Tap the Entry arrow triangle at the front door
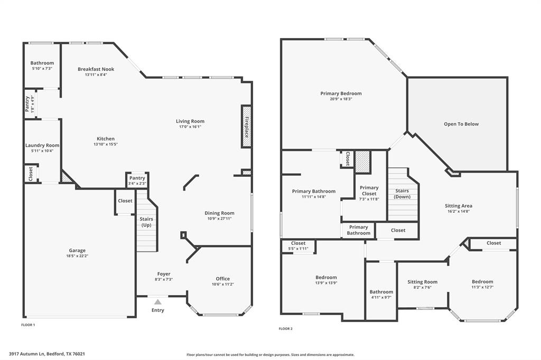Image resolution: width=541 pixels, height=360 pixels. [157, 302]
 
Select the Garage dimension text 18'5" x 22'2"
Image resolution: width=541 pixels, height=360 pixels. [77, 256]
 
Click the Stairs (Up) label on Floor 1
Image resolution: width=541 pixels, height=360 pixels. [146, 222]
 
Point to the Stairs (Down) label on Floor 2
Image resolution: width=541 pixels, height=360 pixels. [402, 194]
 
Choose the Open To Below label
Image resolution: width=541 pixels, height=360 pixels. [461, 124]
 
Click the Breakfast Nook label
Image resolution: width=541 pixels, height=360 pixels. [96, 69]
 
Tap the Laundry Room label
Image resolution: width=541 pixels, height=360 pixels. [42, 145]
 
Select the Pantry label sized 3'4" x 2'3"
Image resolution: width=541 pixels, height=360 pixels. [137, 178]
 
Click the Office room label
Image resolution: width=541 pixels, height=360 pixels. [222, 279]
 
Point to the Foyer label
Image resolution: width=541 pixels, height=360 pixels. [164, 274]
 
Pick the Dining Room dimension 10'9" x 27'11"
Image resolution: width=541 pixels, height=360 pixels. [219, 219]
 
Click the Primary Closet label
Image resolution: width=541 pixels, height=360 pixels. [369, 191]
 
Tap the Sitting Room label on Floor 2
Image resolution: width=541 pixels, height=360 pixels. [422, 282]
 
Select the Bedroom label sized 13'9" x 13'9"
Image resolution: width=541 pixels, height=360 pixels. [326, 277]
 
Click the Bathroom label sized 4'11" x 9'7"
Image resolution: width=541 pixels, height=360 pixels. [381, 292]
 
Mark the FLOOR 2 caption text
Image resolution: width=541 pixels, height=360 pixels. [285, 328]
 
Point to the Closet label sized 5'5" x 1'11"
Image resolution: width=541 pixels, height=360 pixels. [298, 243]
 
